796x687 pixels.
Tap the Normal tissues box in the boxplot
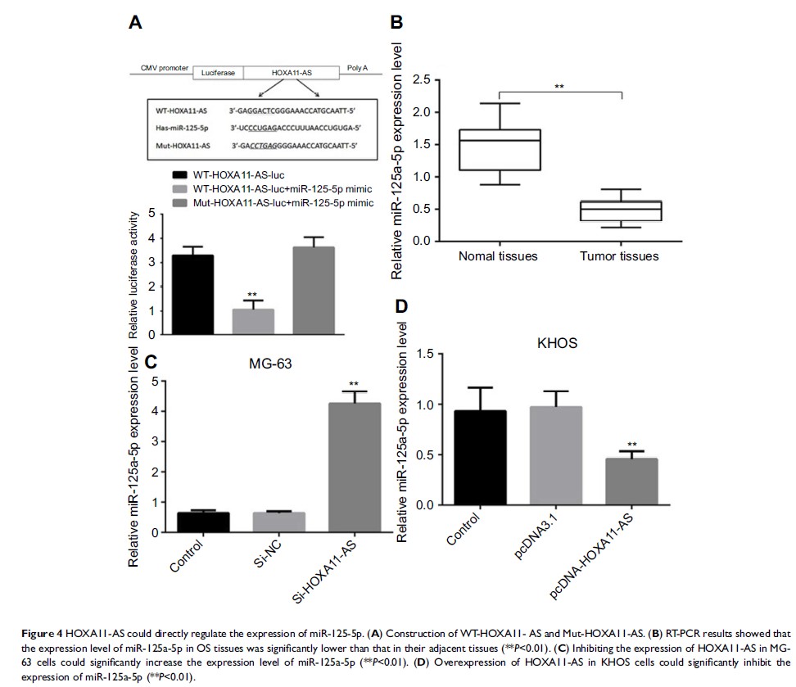[x=500, y=149]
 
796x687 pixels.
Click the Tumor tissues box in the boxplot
[x=621, y=210]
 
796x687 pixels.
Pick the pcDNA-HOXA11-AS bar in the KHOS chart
[x=631, y=481]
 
